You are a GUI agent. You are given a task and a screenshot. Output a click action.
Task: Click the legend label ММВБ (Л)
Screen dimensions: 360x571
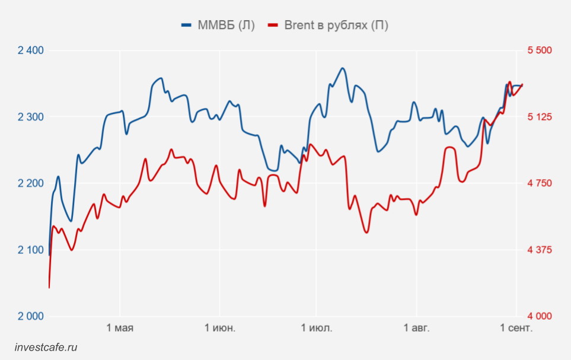point(226,25)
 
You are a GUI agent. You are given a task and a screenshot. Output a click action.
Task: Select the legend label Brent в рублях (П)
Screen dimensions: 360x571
point(336,25)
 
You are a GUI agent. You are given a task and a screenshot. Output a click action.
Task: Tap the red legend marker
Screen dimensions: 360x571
point(273,25)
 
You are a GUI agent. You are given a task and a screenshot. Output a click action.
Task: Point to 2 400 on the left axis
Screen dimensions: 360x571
point(31,50)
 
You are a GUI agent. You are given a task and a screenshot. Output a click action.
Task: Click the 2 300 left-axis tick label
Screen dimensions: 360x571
point(31,117)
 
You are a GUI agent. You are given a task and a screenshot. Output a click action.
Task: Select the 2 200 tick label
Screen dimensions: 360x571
point(31,183)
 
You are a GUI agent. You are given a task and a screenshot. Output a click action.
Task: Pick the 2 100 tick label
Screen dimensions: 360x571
point(31,250)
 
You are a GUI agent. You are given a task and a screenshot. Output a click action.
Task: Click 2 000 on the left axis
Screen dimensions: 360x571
point(31,316)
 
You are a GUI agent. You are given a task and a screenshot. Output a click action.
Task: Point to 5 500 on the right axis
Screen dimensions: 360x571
point(540,50)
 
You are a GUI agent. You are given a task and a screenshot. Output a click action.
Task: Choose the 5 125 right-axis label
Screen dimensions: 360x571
point(540,117)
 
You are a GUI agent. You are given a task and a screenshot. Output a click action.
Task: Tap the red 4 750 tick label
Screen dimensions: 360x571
point(540,183)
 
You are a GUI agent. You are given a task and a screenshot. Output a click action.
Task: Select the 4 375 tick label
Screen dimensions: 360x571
point(540,250)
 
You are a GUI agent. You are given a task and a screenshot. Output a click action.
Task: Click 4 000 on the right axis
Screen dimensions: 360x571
point(540,316)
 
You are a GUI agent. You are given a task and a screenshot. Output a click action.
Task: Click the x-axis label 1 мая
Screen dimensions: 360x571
point(120,328)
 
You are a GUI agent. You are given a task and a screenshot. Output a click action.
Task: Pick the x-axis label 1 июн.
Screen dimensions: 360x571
point(219,328)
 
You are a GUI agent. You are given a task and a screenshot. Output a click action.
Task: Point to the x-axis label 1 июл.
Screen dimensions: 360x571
point(317,328)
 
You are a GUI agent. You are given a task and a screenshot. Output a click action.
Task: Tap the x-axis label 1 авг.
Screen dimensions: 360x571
point(416,328)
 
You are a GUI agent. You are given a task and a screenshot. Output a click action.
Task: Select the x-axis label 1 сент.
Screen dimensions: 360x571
point(516,328)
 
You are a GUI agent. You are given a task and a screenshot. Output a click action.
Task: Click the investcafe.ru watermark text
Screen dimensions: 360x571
point(46,348)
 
